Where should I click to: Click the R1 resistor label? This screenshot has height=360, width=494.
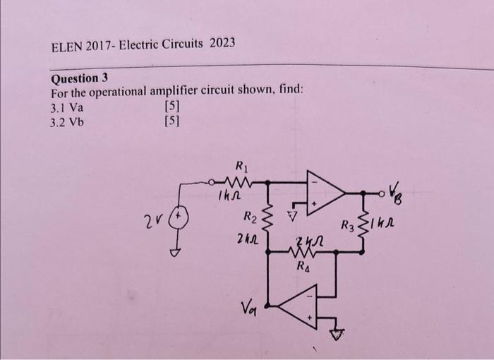coord(241,167)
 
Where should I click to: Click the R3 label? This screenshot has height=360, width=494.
coord(347,227)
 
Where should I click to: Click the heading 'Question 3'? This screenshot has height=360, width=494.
coord(78,78)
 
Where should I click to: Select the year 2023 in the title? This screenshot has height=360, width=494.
coord(222,44)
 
